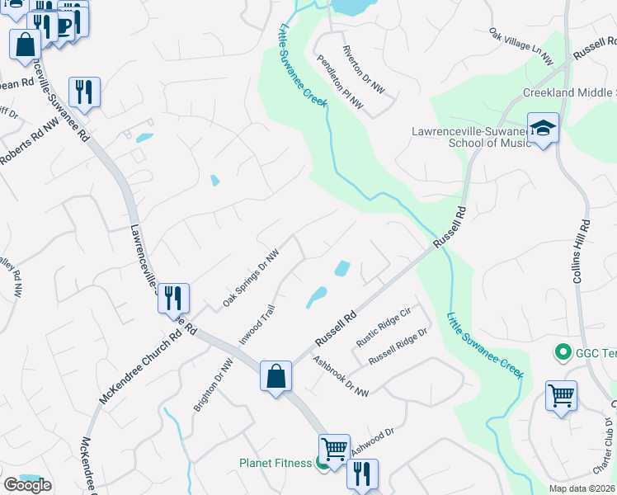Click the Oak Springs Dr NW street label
[252, 280]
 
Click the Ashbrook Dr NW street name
[341, 375]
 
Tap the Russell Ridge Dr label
[399, 347]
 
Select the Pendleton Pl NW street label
[341, 82]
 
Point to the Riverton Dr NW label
[364, 68]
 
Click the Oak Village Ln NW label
[520, 46]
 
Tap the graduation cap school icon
[544, 129]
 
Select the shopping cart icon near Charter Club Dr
[561, 395]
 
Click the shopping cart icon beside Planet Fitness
[334, 449]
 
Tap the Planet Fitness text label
[275, 463]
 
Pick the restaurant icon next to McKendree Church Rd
[174, 297]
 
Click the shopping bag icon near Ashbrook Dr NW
[276, 376]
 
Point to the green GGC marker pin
[564, 353]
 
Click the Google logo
[27, 485]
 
